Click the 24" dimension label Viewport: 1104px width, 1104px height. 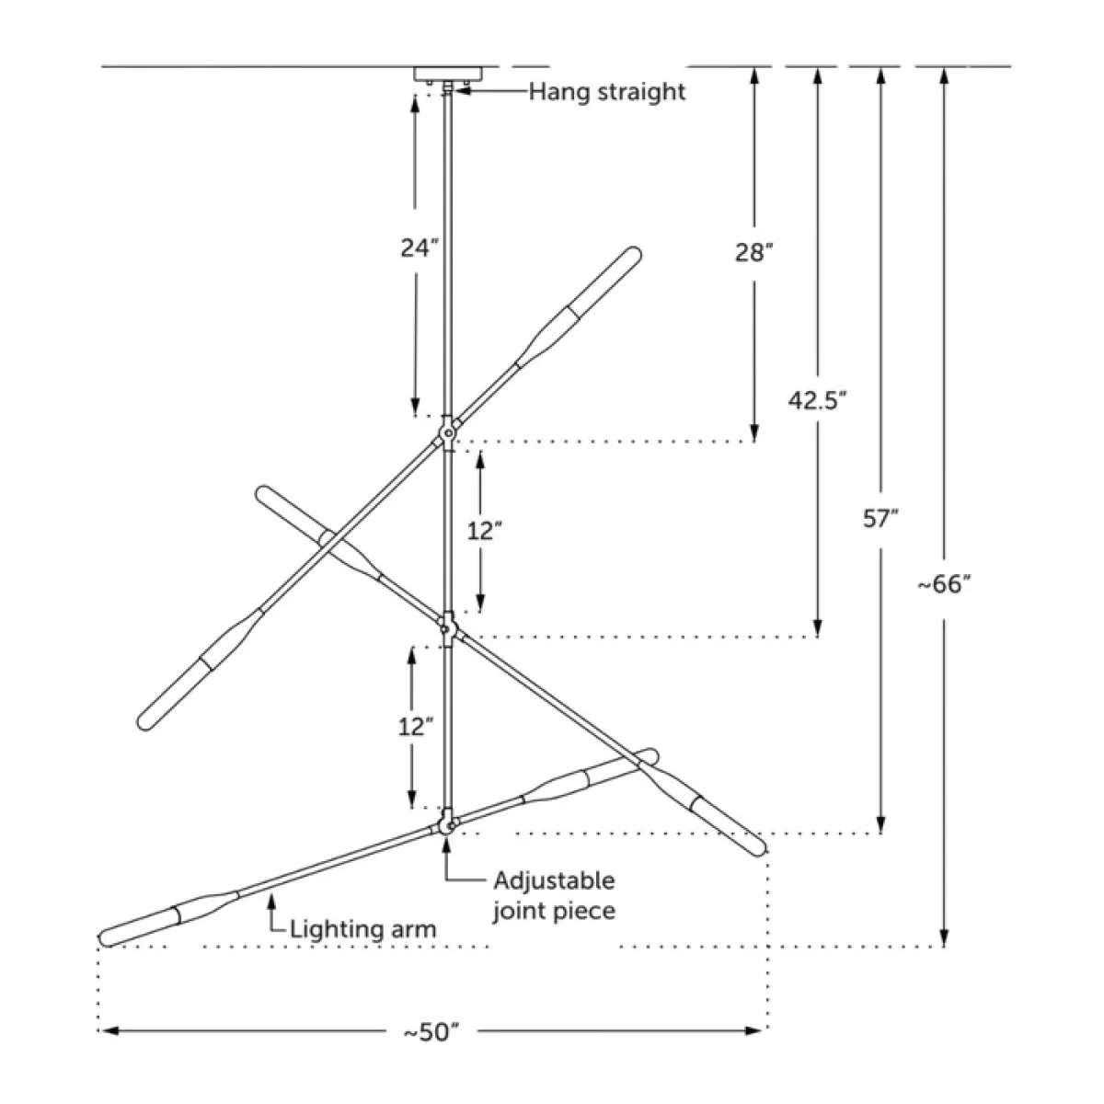tap(420, 248)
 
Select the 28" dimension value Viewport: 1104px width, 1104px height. tap(754, 252)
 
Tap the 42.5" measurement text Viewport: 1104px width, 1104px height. tap(817, 400)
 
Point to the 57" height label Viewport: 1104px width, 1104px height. tap(880, 519)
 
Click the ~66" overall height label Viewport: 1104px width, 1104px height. tap(945, 584)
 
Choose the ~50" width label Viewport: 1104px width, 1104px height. tap(431, 1032)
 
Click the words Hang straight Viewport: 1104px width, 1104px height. tap(606, 92)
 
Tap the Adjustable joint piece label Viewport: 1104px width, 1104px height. tap(554, 895)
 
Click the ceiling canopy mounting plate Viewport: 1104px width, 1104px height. tap(449, 75)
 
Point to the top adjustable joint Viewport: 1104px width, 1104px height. tap(447, 433)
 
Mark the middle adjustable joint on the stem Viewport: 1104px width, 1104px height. tap(447, 628)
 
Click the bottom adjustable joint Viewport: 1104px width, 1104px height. tap(447, 824)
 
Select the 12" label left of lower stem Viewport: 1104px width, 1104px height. tap(415, 727)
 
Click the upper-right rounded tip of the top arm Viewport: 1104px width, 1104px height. tap(635, 253)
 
